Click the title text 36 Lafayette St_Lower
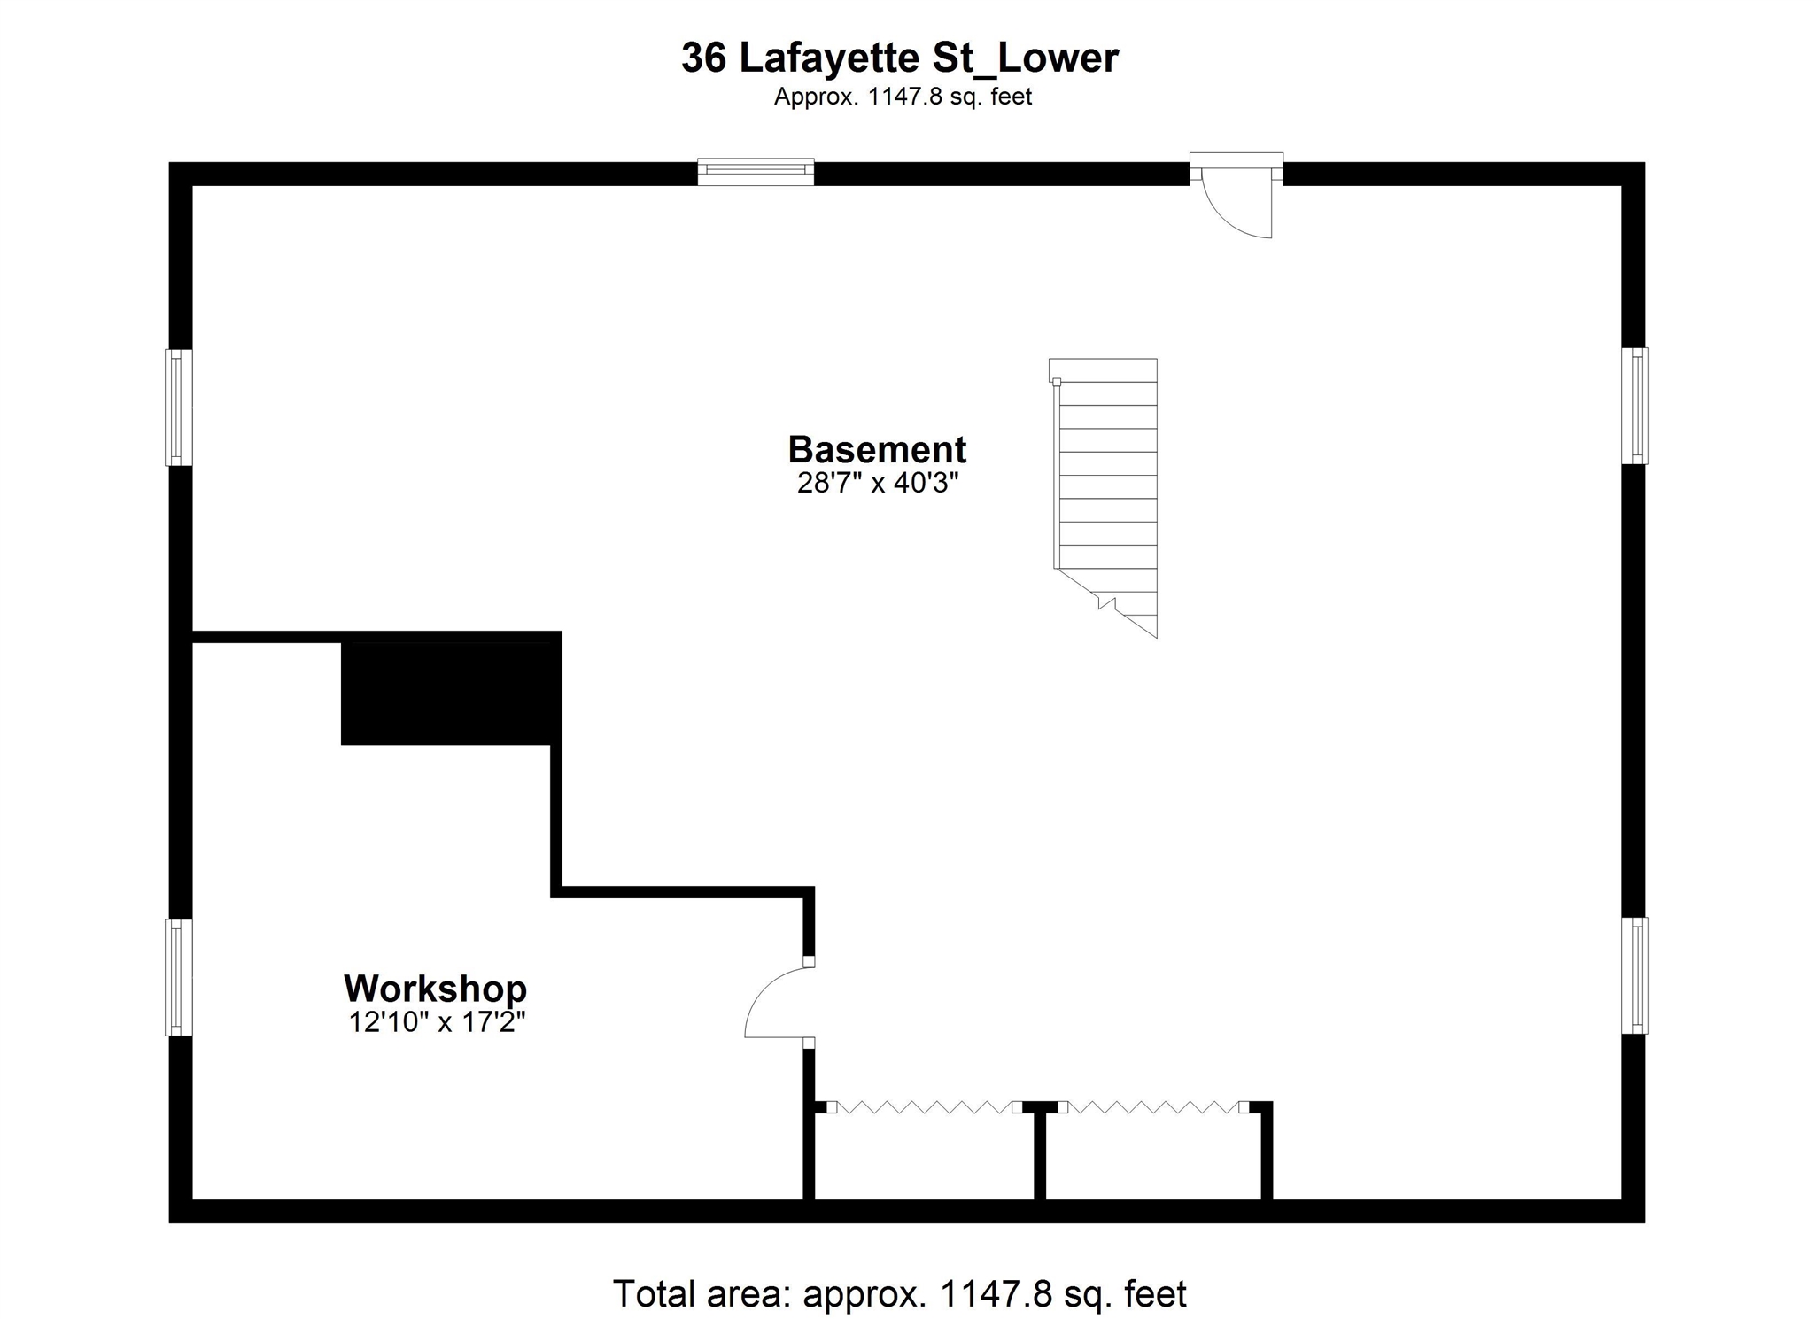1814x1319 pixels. coord(900,58)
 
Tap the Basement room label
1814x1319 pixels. coord(877,449)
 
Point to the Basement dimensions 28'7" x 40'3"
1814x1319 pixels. coord(878,484)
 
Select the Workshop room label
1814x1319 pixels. coord(435,988)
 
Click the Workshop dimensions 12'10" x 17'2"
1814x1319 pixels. coord(437,1022)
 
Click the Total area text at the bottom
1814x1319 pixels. coord(899,1294)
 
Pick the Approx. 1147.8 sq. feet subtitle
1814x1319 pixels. coord(903,97)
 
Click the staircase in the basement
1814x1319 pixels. coord(1104,497)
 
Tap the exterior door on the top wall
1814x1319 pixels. coord(1236,195)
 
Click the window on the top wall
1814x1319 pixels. coord(756,171)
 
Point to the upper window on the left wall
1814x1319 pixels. coord(179,407)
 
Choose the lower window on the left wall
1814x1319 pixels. coord(179,977)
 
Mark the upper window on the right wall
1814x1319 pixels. coord(1634,406)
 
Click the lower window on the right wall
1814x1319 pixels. coord(1634,975)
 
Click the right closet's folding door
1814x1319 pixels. coord(1154,1106)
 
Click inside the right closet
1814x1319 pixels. coord(1153,1157)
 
